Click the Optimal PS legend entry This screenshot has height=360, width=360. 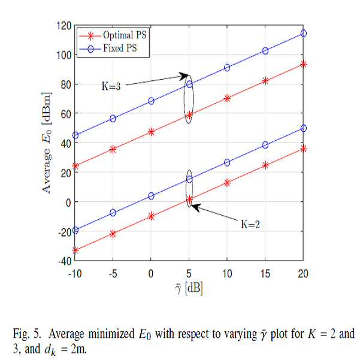click(x=113, y=35)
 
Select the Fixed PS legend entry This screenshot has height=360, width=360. click(x=108, y=48)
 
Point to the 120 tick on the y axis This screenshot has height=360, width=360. click(x=64, y=26)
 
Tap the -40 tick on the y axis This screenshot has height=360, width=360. click(x=65, y=261)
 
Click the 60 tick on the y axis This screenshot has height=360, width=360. click(x=66, y=114)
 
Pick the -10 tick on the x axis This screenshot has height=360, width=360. click(x=75, y=274)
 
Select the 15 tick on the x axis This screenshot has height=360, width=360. click(x=265, y=274)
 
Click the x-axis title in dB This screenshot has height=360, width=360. click(x=189, y=288)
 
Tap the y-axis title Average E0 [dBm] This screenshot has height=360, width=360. click(x=47, y=143)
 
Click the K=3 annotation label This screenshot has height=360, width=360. click(x=111, y=86)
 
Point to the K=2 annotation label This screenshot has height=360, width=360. click(x=250, y=224)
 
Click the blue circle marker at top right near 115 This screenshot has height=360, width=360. click(x=304, y=34)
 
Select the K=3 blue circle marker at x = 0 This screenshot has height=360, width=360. click(x=151, y=101)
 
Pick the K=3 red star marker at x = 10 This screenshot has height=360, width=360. click(x=227, y=98)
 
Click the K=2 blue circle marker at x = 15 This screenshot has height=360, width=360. click(x=265, y=145)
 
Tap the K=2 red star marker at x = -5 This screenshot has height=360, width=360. click(x=113, y=234)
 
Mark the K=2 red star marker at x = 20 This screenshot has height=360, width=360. click(x=304, y=149)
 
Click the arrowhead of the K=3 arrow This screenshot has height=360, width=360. click(x=185, y=75)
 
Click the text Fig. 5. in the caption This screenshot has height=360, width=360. click(x=26, y=334)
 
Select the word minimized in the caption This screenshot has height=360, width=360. click(x=111, y=334)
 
